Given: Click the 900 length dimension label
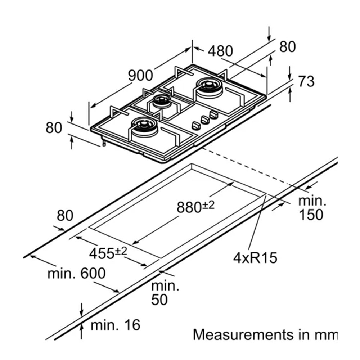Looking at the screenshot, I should pos(141,75).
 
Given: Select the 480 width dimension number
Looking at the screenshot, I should pos(220,51).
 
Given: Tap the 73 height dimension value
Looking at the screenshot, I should pos(306,81).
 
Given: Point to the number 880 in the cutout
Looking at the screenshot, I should pos(189,207).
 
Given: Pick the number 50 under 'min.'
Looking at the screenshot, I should pos(159,300).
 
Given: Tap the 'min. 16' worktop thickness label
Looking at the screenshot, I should pos(115,325).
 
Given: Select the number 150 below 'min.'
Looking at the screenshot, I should pos(311,215).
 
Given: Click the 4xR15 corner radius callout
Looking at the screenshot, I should pos(255,258).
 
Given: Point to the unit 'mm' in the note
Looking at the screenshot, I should pos(326,335).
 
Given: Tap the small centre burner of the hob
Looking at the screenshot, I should pos(161,102).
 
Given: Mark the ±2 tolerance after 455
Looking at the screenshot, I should pos(121,251).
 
